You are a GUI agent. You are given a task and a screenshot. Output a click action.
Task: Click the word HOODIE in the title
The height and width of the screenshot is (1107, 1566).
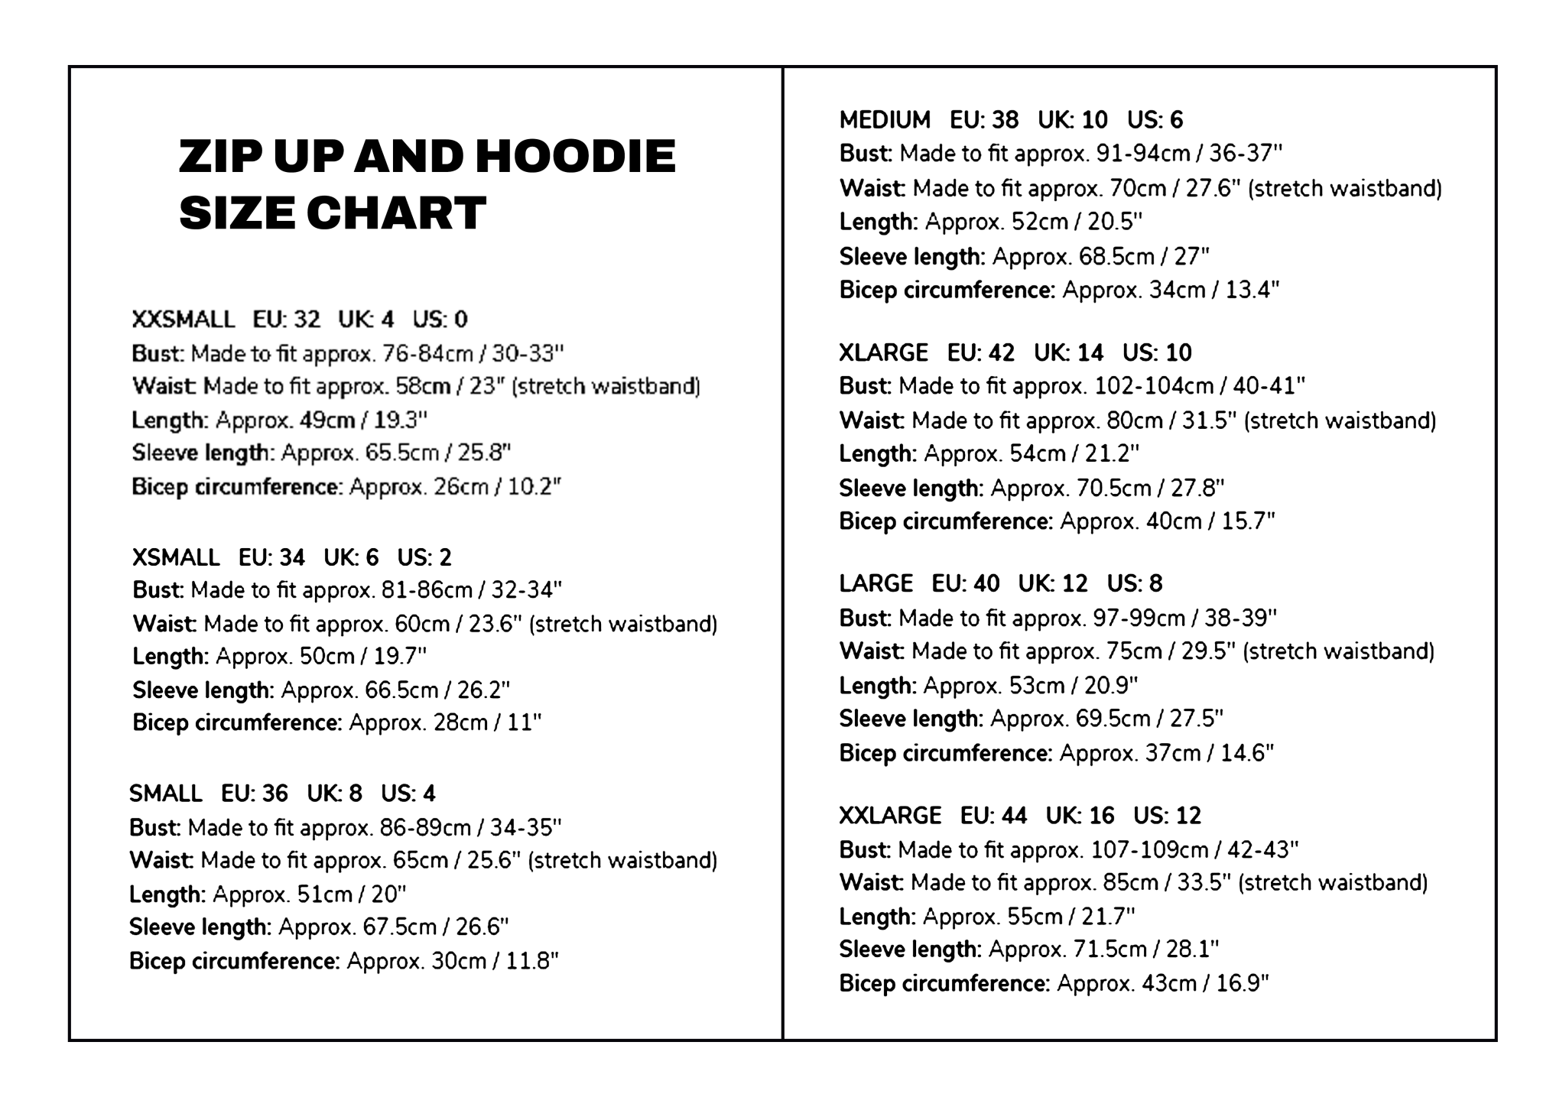pos(575,157)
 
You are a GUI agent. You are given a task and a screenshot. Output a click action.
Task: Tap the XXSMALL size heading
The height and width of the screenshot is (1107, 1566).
pos(183,320)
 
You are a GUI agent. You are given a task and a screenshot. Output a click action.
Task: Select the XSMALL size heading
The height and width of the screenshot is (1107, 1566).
pos(176,557)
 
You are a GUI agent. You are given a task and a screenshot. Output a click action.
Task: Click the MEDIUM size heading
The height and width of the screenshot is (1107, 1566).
pos(885,120)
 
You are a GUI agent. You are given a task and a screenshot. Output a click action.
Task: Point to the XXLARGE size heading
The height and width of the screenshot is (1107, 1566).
pos(890,816)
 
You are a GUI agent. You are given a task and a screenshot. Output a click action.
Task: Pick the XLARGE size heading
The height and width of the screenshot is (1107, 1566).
pos(883,352)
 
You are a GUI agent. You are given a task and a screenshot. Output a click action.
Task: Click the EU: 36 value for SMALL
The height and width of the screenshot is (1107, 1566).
pos(255,794)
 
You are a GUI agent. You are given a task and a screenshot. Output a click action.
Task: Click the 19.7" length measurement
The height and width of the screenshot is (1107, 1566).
pos(400,657)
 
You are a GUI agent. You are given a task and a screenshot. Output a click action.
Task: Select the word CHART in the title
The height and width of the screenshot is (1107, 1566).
pos(396,213)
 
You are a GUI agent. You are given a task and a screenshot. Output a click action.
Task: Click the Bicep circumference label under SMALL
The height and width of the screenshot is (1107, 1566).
pos(234,961)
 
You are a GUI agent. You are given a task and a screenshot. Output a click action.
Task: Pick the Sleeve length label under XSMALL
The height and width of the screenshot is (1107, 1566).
pos(203,690)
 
